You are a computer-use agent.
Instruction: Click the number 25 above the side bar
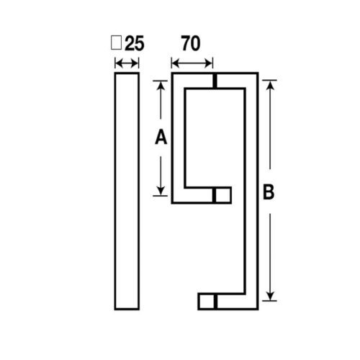click(x=133, y=44)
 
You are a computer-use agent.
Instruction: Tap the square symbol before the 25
click(x=116, y=43)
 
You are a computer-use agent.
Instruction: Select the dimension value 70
click(x=191, y=44)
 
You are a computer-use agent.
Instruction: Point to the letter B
click(x=268, y=193)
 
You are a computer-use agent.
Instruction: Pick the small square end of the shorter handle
click(x=224, y=195)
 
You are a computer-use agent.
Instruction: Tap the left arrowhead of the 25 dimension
click(x=117, y=64)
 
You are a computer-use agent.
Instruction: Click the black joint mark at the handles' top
click(x=215, y=81)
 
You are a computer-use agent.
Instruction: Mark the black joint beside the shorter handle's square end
click(x=215, y=195)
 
